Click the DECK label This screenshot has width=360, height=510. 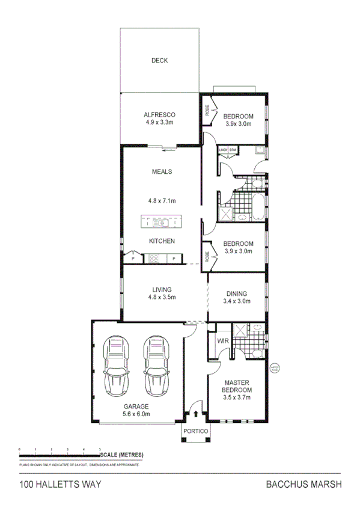159,60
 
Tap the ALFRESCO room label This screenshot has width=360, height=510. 159,114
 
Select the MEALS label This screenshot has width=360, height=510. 162,171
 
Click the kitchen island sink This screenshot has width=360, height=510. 160,223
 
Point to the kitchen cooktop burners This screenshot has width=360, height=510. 153,259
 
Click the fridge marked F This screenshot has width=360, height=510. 174,259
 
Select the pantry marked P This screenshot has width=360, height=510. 132,259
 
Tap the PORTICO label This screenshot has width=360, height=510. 196,432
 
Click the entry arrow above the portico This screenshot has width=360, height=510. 196,414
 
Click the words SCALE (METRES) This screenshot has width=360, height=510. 122,454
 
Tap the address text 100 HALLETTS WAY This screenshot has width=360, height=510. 59,485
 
